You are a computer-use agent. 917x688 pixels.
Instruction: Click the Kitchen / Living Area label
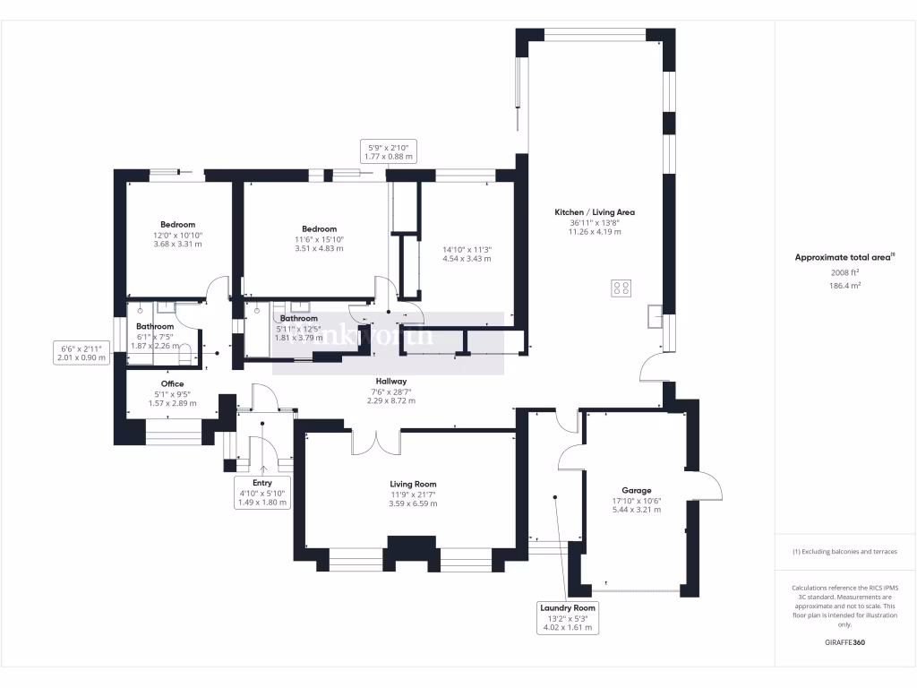pos(595,212)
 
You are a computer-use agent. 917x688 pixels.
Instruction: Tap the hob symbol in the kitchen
pos(620,288)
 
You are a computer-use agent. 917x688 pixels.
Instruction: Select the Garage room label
pos(637,491)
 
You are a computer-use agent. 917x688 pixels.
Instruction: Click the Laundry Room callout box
pos(568,617)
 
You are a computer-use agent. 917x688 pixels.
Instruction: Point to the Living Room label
pos(413,484)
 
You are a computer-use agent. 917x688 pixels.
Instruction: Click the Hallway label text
pos(391,381)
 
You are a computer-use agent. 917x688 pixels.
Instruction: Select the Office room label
pos(172,384)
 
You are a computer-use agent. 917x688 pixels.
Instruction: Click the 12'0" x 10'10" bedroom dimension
pos(177,239)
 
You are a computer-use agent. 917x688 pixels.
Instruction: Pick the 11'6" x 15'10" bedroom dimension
pos(319,244)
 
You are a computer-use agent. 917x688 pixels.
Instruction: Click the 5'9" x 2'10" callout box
pos(390,150)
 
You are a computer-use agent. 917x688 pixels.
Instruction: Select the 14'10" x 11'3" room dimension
pos(467,254)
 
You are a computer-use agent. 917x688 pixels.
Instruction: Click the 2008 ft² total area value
pos(845,272)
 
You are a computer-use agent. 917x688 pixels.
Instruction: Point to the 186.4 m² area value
pos(845,285)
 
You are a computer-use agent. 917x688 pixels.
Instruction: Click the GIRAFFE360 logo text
pos(845,642)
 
